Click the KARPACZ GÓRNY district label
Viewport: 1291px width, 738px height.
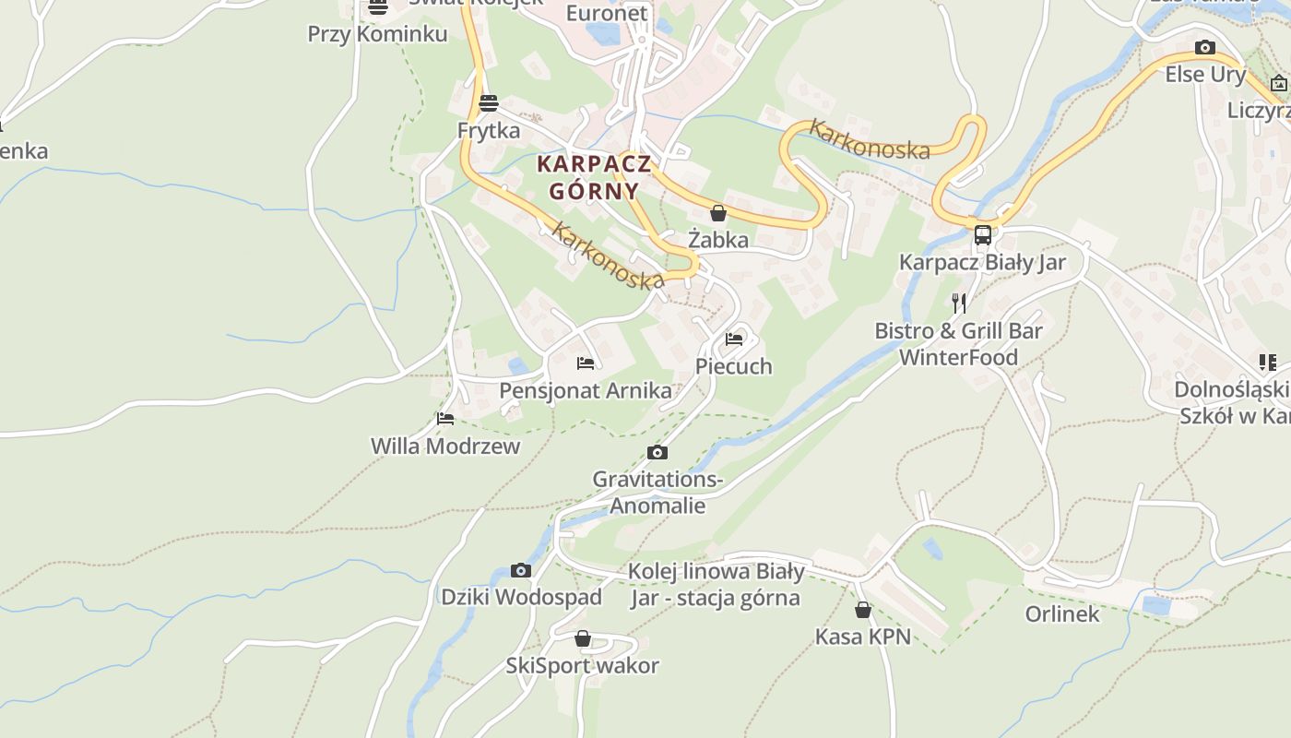594,177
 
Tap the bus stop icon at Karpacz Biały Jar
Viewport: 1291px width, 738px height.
983,235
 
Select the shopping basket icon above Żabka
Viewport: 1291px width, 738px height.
718,214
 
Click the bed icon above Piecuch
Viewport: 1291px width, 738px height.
734,339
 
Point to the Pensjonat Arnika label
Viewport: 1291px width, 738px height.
586,390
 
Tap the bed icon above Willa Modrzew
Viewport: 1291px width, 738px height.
445,419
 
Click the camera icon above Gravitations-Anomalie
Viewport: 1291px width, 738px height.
657,452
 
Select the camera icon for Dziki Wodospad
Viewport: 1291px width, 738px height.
521,571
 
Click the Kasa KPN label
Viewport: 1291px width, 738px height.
862,637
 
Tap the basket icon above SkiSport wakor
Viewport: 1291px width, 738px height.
583,638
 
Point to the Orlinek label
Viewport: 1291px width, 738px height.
1062,613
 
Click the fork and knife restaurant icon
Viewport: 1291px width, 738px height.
959,303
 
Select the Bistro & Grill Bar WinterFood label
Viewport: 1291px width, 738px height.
958,344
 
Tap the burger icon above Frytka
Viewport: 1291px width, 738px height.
489,102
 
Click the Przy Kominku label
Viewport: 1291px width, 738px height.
377,34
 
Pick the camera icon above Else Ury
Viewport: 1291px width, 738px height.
1204,48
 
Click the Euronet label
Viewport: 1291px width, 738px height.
607,13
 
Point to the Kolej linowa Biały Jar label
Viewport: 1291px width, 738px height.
716,584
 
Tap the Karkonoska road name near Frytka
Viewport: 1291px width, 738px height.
607,256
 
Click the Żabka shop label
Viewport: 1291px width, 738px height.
718,240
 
